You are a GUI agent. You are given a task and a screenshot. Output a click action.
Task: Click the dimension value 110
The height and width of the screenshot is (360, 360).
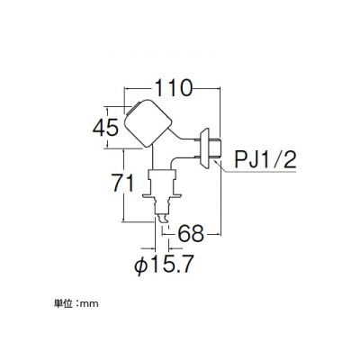(174, 88)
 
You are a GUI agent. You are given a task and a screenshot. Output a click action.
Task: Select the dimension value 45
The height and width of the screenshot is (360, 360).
(105, 129)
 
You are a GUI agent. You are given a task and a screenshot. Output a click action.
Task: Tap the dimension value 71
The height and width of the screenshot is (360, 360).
(122, 183)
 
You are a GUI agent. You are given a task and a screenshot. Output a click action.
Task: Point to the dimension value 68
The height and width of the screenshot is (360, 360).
(191, 234)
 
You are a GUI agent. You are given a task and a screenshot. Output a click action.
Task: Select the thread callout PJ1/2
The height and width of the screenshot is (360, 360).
(265, 159)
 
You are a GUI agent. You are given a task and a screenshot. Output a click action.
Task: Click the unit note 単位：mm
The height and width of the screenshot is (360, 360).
(76, 304)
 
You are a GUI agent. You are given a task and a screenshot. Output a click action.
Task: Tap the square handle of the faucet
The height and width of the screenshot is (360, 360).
(148, 123)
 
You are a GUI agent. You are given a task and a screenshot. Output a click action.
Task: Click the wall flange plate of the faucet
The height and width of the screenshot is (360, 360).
(205, 148)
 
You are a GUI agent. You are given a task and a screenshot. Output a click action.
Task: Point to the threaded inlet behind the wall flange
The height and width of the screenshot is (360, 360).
(216, 148)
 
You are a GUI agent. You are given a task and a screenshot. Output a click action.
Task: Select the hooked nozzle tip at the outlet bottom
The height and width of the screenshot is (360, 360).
(162, 218)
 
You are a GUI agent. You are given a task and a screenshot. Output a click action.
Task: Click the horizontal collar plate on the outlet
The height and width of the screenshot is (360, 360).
(162, 195)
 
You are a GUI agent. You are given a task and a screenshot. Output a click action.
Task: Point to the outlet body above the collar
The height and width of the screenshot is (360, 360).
(162, 182)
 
